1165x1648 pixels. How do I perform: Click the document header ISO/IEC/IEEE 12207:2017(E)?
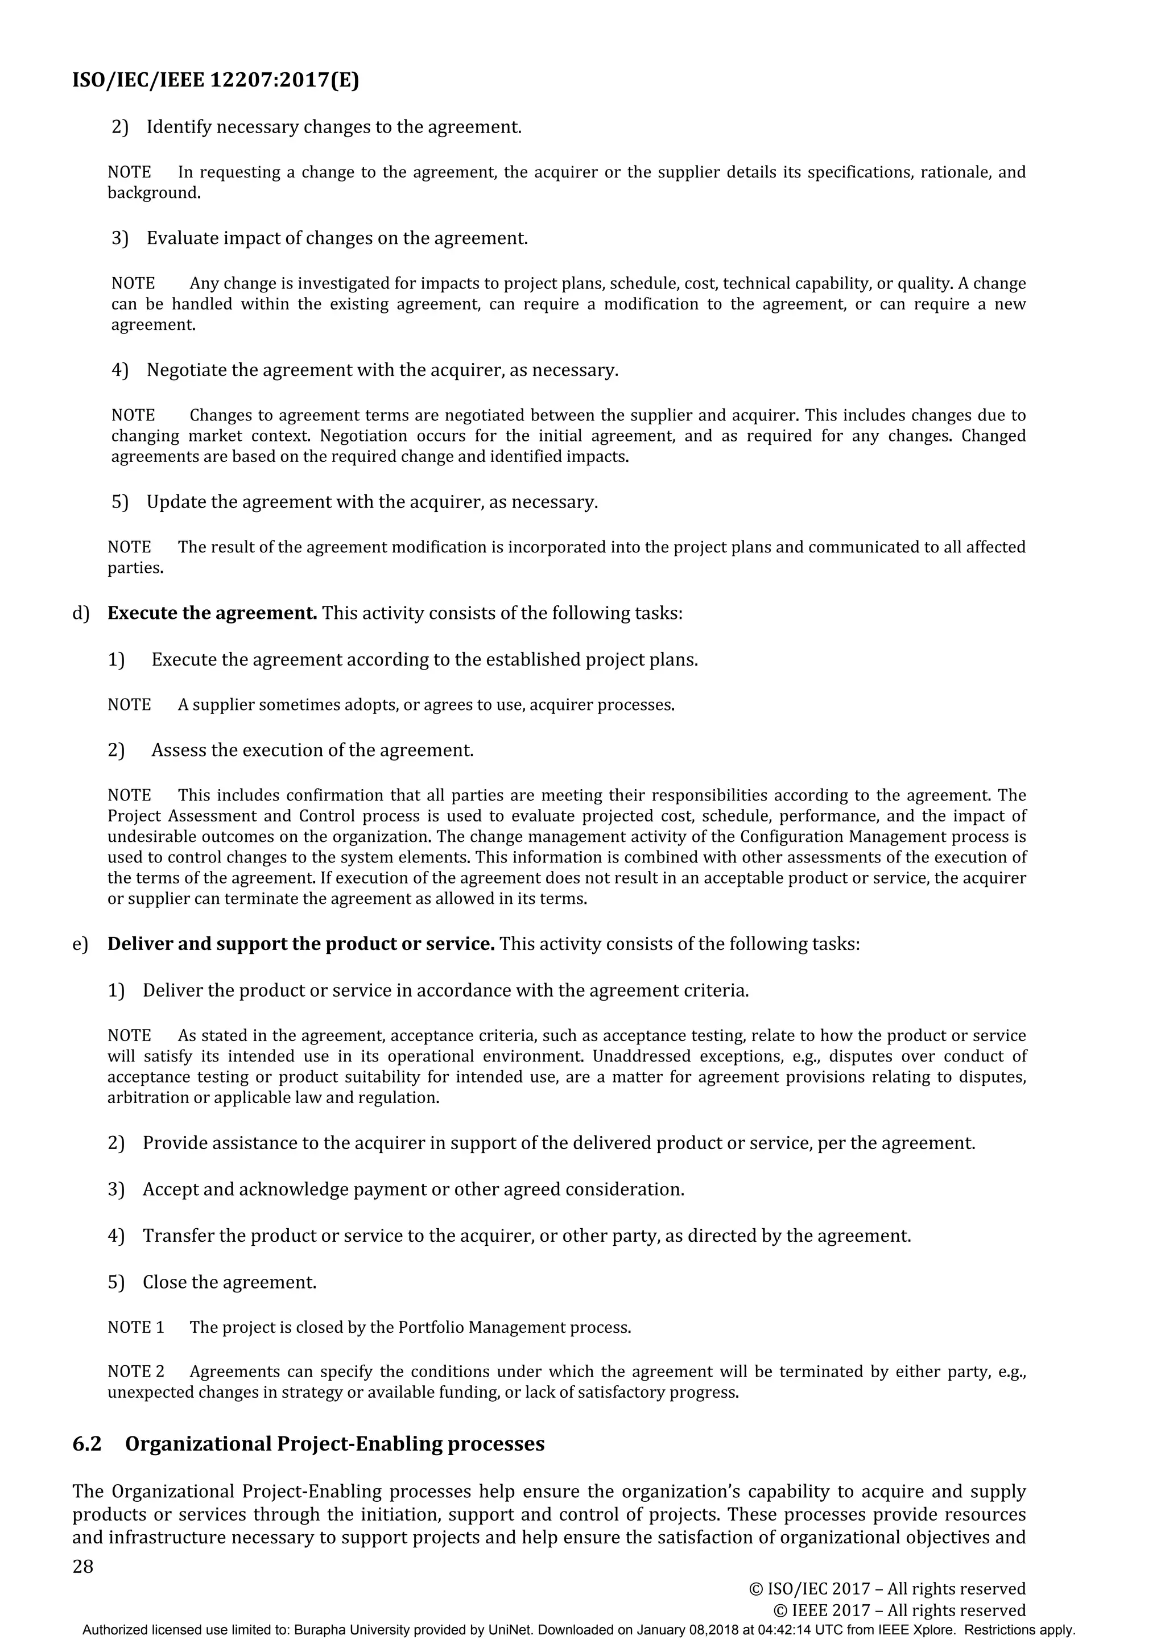click(216, 80)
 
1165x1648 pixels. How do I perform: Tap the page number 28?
click(83, 1566)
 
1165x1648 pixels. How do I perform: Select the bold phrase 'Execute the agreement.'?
click(213, 613)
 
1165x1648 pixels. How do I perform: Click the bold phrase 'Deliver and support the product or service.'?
click(301, 943)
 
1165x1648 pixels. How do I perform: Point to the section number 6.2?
click(87, 1444)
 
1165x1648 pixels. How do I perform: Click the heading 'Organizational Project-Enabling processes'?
click(334, 1444)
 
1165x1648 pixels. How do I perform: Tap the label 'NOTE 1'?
click(135, 1327)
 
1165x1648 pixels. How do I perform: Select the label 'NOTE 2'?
click(135, 1372)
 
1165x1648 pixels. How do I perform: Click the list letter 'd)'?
click(80, 614)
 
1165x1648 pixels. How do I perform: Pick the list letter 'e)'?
click(80, 944)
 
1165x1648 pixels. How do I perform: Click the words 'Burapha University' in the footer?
click(340, 1630)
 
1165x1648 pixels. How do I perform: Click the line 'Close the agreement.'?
click(229, 1282)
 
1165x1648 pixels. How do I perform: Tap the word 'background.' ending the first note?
click(154, 193)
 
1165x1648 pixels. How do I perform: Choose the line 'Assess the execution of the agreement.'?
click(312, 750)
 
